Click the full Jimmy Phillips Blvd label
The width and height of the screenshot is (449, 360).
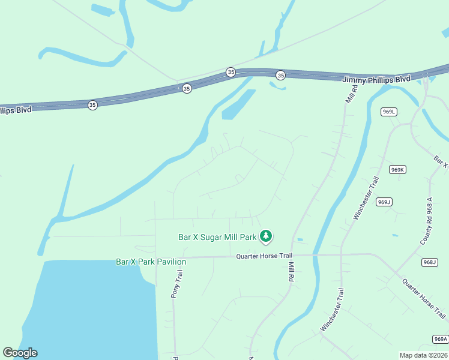[376, 79]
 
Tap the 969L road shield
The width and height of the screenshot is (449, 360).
[389, 112]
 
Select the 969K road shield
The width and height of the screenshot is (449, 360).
[397, 170]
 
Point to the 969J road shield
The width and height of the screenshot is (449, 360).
[385, 202]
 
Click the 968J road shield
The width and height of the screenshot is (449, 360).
[430, 262]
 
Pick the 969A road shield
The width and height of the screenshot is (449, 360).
[440, 340]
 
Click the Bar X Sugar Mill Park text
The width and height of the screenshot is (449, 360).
[217, 237]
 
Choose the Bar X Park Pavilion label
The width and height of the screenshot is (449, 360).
[151, 262]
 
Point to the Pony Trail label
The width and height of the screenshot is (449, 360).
[176, 284]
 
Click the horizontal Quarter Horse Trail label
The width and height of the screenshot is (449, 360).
[263, 256]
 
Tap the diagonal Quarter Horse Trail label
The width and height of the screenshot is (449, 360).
[424, 299]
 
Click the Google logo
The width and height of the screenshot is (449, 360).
[20, 353]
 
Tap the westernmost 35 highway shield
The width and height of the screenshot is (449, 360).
[92, 105]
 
